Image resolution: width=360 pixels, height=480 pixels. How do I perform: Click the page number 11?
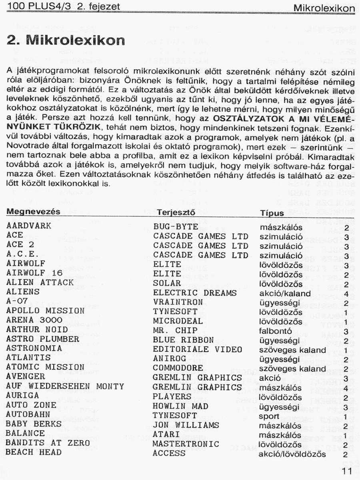pos(346,471)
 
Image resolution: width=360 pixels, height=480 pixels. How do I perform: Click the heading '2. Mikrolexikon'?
pos(66,40)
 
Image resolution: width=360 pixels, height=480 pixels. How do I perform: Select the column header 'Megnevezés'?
pos(34,212)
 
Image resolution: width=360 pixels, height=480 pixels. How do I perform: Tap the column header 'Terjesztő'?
pos(176,213)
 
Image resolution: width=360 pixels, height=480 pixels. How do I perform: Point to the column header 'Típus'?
pos(272,213)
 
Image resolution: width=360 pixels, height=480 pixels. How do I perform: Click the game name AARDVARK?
pos(29,226)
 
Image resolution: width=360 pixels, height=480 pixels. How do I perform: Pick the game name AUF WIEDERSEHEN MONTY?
pos(65,386)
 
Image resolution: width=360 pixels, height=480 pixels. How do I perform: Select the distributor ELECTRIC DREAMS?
pos(195,293)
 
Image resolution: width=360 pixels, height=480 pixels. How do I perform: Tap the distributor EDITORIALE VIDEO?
pos(197,349)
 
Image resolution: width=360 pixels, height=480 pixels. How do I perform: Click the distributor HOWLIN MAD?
pos(180,406)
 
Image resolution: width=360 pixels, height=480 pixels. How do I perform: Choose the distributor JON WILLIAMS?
pos(186,425)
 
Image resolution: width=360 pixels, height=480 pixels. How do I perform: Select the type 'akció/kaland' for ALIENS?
pos(285,294)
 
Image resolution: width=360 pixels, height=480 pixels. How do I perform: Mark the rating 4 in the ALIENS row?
pos(346,294)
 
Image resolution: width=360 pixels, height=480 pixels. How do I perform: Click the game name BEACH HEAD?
pos(34,452)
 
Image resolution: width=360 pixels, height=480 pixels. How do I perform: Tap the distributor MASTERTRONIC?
pos(186,444)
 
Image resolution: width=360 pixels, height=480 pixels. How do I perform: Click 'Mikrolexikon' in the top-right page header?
pos(324,8)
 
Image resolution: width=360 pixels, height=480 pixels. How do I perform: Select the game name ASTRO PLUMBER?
pos(43,339)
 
